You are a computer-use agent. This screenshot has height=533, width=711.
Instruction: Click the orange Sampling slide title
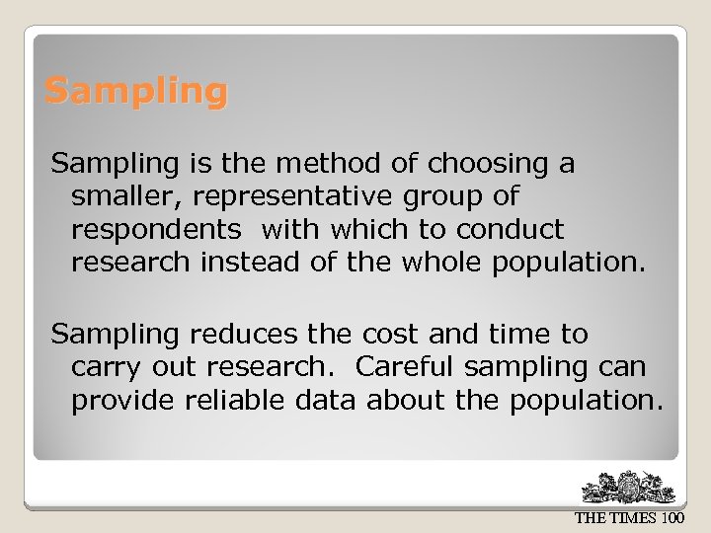tap(136, 92)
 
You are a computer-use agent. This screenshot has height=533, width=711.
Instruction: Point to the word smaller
tap(123, 195)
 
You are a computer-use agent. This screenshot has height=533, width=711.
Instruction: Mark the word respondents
tap(156, 230)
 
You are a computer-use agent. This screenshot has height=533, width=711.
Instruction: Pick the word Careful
tap(405, 366)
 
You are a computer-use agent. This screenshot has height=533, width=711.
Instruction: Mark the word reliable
tap(233, 400)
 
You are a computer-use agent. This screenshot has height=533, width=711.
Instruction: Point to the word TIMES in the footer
tap(633, 517)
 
